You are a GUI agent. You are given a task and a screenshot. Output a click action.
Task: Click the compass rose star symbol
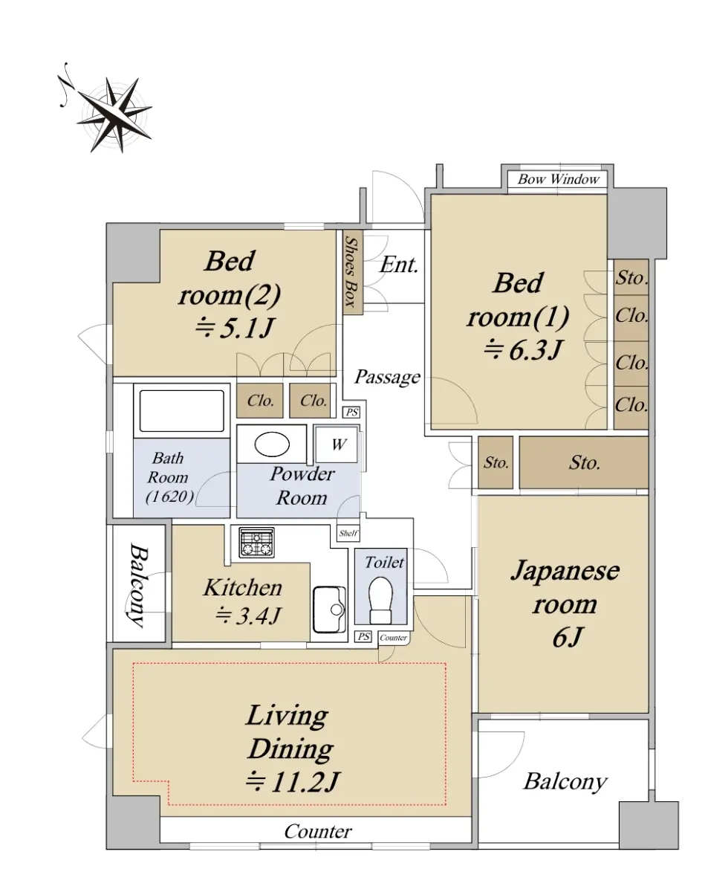click(x=114, y=114)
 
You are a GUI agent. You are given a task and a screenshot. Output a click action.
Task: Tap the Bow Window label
click(x=558, y=179)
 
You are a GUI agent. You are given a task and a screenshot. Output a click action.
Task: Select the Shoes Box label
click(x=351, y=272)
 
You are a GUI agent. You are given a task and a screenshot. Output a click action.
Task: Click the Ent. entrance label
click(x=398, y=265)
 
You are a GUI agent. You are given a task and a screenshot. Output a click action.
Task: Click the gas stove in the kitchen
click(x=256, y=542)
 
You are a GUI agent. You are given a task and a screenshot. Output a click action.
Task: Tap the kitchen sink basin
click(x=329, y=609)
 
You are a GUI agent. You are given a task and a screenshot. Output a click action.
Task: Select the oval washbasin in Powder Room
click(x=272, y=444)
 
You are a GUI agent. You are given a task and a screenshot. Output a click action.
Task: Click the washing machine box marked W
click(x=337, y=445)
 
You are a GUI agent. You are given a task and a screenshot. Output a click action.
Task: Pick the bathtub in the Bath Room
click(x=181, y=411)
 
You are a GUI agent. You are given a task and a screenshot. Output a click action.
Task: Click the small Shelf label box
click(x=348, y=533)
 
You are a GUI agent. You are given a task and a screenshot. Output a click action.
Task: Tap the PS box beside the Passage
click(x=351, y=412)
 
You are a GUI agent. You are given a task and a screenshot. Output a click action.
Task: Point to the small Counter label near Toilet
click(x=393, y=638)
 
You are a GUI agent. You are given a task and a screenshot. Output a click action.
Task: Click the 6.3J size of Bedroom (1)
click(x=523, y=349)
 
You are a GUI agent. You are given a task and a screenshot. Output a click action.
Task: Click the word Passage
click(x=387, y=377)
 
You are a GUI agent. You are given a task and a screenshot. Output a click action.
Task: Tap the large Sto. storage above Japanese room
click(x=584, y=462)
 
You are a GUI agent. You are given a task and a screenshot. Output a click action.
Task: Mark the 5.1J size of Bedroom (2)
click(x=234, y=328)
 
